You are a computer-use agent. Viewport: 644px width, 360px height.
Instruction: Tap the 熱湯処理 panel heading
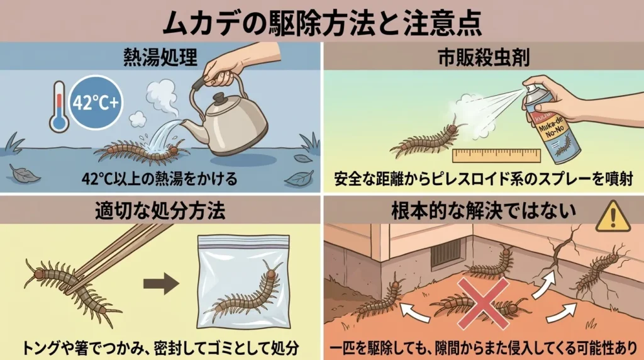coord(160,57)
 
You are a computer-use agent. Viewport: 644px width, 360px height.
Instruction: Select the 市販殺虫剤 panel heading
coord(483,57)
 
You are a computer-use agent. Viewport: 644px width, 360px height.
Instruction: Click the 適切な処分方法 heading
coord(160,210)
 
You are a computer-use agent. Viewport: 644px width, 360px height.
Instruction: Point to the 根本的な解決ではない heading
coord(483,210)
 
